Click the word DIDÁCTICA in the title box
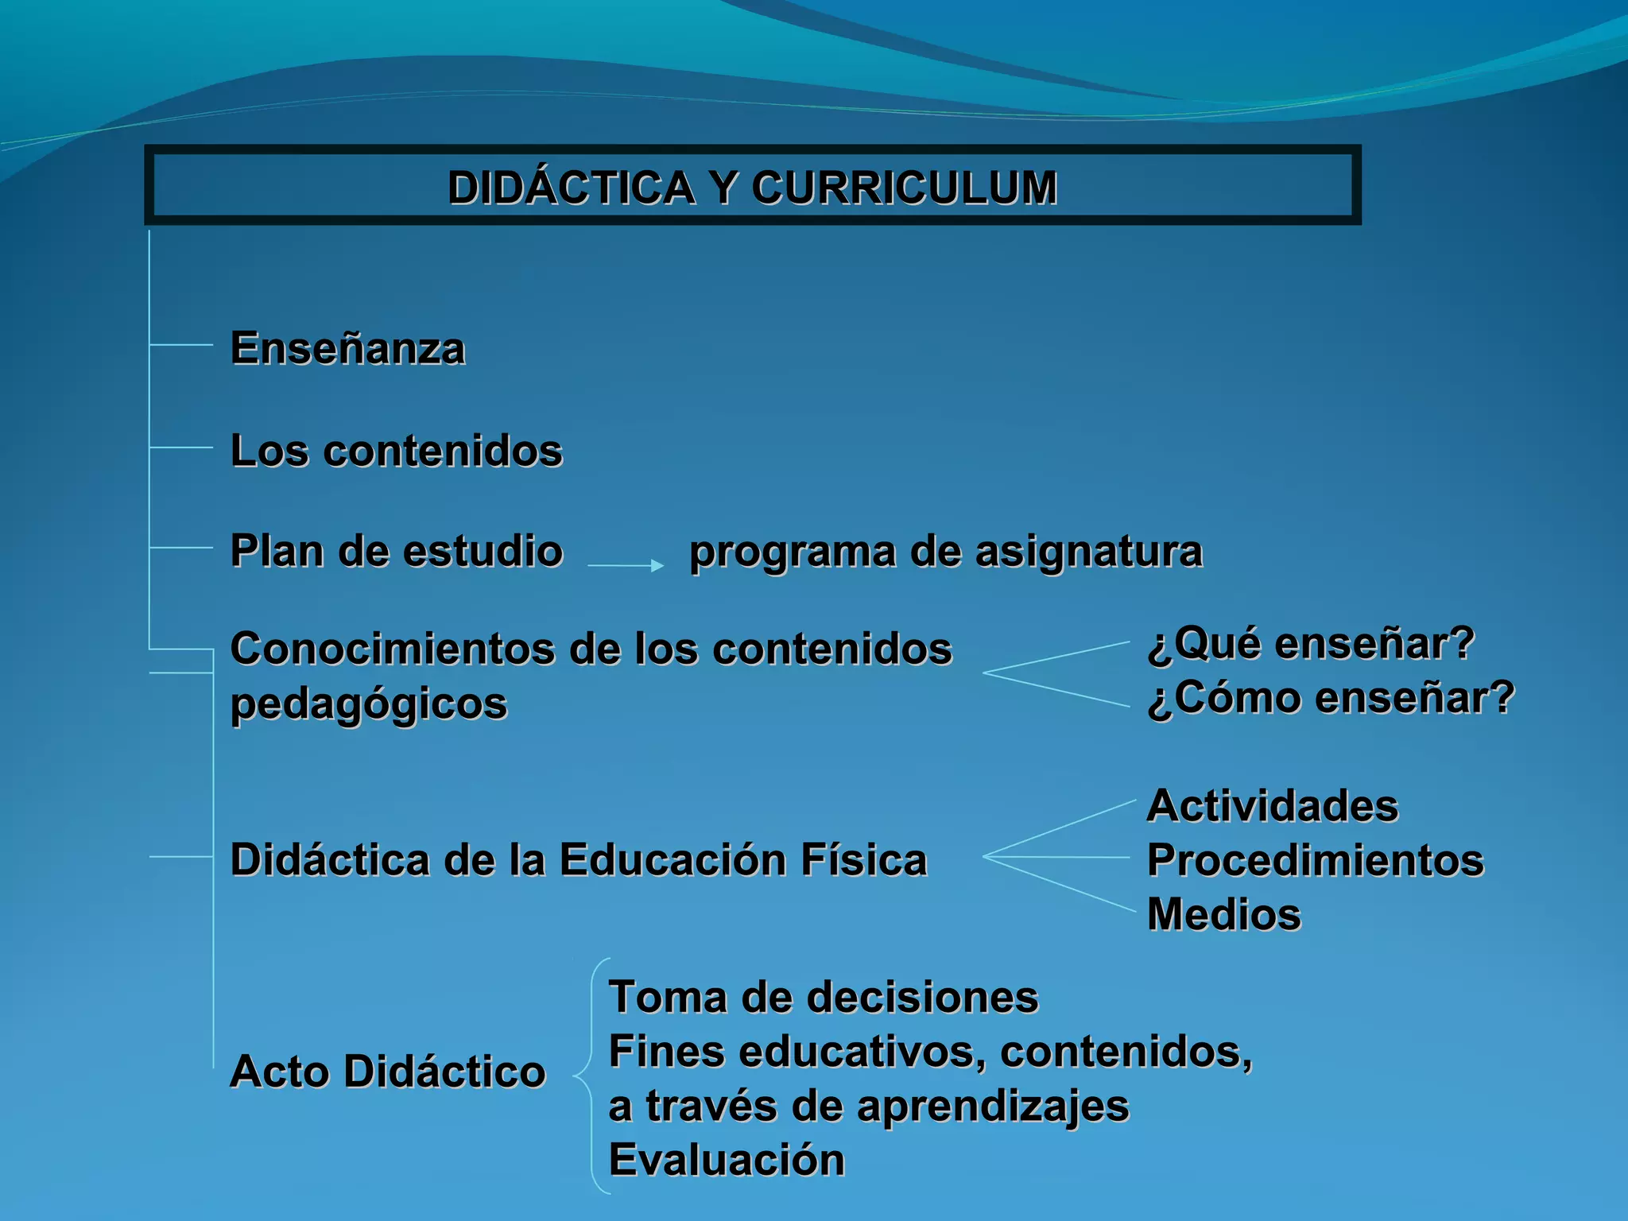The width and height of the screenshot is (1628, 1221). coord(571,188)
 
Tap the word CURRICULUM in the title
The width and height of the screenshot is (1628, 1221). coord(904,188)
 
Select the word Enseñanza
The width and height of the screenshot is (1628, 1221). coord(347,349)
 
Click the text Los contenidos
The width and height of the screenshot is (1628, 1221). coord(396,451)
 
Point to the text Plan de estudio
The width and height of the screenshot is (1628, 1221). coord(396,551)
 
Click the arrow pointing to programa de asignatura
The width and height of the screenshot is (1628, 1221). coord(626,565)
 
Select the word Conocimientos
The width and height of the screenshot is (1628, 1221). coord(393,649)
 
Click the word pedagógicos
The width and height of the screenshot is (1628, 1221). coord(368,704)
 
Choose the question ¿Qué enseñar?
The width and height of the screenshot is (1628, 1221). coord(1311,643)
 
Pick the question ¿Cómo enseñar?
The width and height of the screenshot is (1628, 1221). coord(1331,698)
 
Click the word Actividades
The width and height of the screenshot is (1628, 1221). coord(1272,806)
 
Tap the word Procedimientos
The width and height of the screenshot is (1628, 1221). coord(1315,860)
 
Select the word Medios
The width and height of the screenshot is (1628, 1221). coord(1223,914)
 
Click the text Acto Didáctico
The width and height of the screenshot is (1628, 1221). coord(387,1071)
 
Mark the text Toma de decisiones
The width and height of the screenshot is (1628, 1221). coord(823,997)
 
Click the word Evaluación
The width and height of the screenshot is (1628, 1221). coord(726,1160)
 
